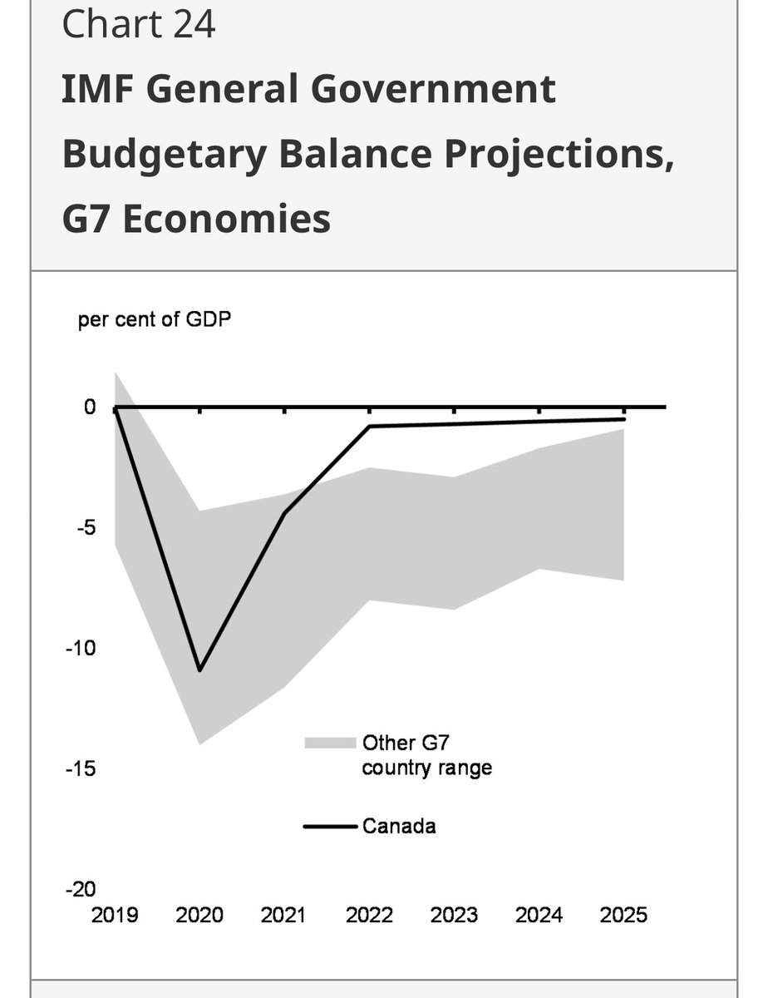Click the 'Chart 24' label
(x=138, y=25)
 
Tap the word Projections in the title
(x=555, y=155)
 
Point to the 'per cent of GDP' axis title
(x=155, y=320)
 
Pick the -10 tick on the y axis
(x=81, y=648)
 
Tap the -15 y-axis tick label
(x=81, y=768)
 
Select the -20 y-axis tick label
(x=81, y=889)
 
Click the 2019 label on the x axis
(x=115, y=916)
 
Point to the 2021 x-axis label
(x=284, y=916)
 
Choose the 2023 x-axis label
(x=454, y=916)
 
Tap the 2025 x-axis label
(x=623, y=916)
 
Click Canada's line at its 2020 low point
(x=199, y=669)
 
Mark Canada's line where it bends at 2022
(x=369, y=426)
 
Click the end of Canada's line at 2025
(x=623, y=419)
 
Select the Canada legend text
(x=399, y=827)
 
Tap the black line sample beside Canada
(x=330, y=827)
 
